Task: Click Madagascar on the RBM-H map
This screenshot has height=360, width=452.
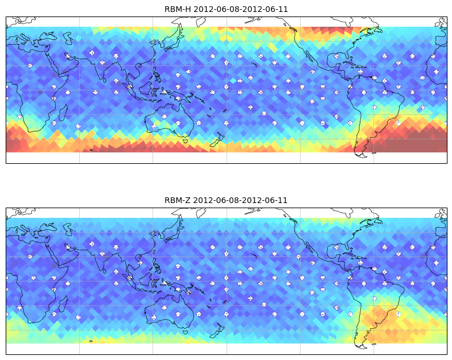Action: pyautogui.click(x=63, y=113)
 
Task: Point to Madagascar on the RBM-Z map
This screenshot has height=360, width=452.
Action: pyautogui.click(x=63, y=304)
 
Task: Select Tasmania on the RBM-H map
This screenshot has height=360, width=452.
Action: pyautogui.click(x=186, y=140)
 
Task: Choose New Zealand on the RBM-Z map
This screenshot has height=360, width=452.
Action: pyautogui.click(x=217, y=330)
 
